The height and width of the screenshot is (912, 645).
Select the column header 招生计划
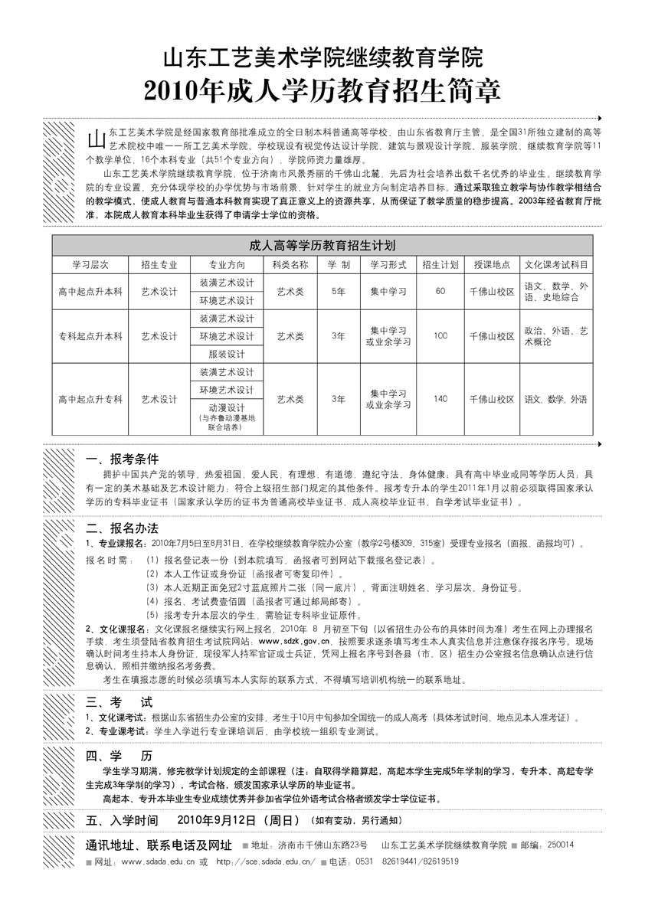pyautogui.click(x=440, y=264)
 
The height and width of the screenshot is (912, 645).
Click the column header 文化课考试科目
pyautogui.click(x=556, y=264)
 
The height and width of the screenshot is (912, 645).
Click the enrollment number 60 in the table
pyautogui.click(x=440, y=291)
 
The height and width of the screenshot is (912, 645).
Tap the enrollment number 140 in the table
pyautogui.click(x=440, y=399)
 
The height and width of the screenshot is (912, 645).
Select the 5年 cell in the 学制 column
pyautogui.click(x=338, y=292)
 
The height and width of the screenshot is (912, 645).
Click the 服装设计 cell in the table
pyautogui.click(x=226, y=355)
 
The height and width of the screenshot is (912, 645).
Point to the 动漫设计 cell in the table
pyautogui.click(x=226, y=407)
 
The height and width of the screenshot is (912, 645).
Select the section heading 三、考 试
pyautogui.click(x=120, y=701)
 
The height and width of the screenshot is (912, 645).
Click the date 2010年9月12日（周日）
pyautogui.click(x=237, y=820)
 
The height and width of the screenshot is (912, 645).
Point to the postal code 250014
pyautogui.click(x=562, y=845)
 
